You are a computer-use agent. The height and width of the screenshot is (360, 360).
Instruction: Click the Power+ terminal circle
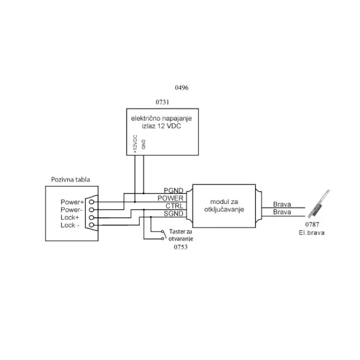tap(91, 202)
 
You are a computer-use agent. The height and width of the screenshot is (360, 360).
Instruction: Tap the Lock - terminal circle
tap(91, 225)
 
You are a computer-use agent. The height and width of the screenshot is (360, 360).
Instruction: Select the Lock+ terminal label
tap(70, 217)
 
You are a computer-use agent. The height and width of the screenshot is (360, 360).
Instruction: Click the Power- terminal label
tap(71, 209)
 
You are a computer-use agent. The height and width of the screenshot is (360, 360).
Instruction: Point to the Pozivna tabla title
tap(70, 179)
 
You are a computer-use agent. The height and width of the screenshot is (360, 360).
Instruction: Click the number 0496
tap(182, 88)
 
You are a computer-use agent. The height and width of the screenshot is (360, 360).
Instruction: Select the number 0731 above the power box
tap(163, 102)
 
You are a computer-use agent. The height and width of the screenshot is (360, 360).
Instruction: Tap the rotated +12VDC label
tap(135, 144)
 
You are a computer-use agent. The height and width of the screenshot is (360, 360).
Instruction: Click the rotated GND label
tap(143, 144)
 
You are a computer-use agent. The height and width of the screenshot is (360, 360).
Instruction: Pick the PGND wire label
tap(173, 191)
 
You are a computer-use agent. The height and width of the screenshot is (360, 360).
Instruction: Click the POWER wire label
tap(170, 198)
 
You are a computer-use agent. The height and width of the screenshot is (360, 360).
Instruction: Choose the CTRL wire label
tap(175, 206)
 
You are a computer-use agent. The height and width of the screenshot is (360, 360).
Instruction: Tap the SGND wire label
tap(173, 214)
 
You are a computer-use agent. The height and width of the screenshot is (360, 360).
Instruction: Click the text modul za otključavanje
tap(224, 206)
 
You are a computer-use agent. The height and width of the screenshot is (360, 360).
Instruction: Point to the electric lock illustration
tap(319, 204)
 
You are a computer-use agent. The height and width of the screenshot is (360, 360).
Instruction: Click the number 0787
tap(312, 224)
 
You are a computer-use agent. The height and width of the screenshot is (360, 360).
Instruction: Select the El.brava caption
tap(312, 233)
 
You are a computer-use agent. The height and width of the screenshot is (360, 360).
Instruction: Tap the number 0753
tap(181, 247)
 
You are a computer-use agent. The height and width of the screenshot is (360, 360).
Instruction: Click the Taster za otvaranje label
tap(181, 235)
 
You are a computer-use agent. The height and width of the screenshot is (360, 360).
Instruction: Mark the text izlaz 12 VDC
tap(161, 126)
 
